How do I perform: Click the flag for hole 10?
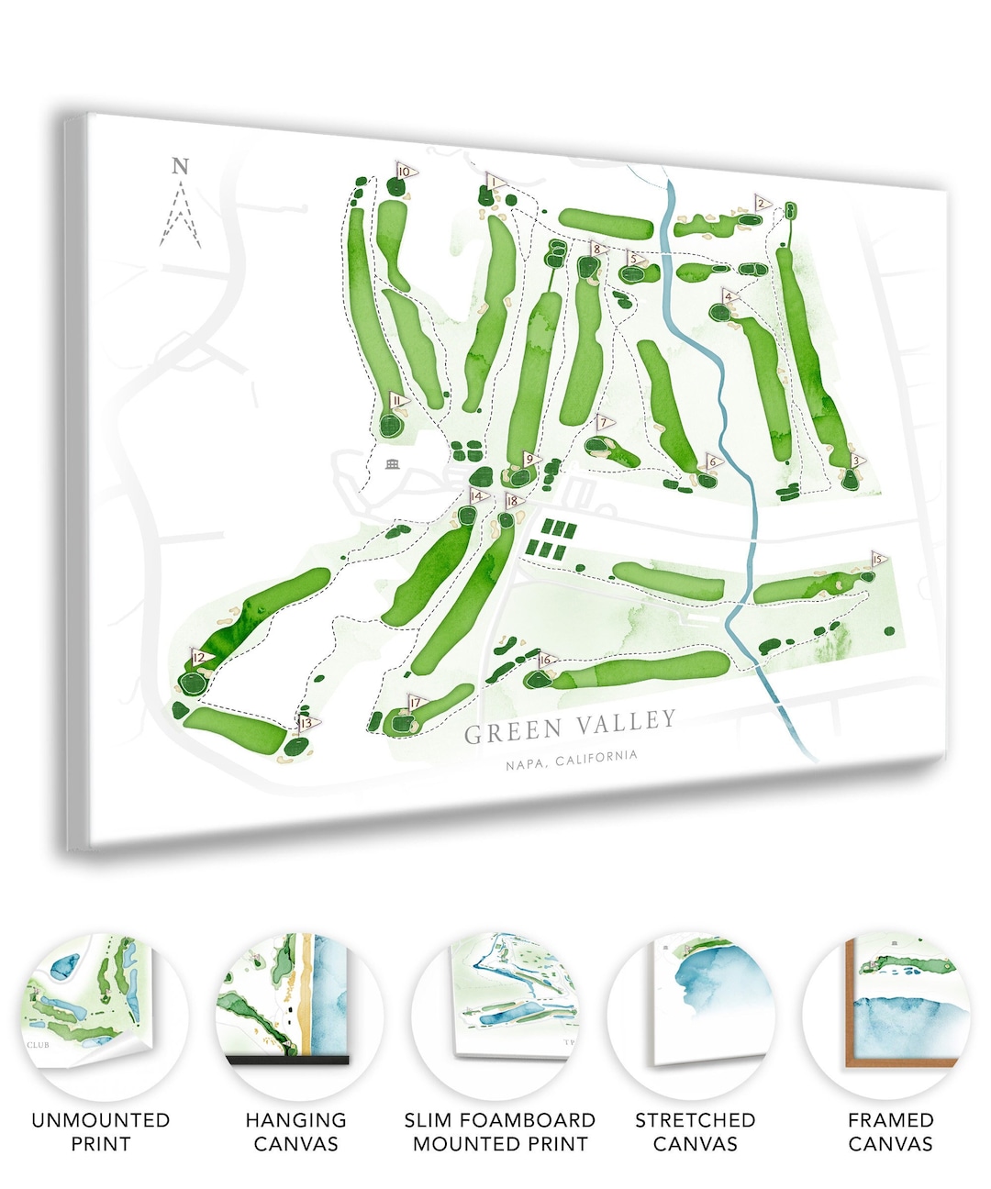(405, 172)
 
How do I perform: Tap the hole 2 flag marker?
(762, 204)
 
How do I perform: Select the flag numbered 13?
(306, 722)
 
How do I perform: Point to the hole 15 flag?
(878, 560)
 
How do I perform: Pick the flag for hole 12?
(199, 657)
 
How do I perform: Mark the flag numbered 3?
(857, 461)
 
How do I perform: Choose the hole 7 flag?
(604, 423)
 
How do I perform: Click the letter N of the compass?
(181, 166)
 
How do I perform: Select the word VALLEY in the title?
(628, 723)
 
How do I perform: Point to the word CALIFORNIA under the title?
(596, 759)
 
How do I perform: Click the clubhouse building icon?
(392, 463)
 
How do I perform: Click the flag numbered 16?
(546, 660)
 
